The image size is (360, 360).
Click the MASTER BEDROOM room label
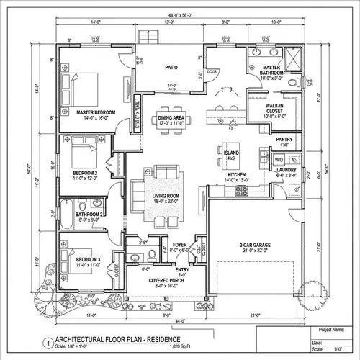96,113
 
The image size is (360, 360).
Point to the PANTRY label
284,141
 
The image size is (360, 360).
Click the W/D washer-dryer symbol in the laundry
279,161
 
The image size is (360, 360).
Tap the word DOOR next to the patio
211,71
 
